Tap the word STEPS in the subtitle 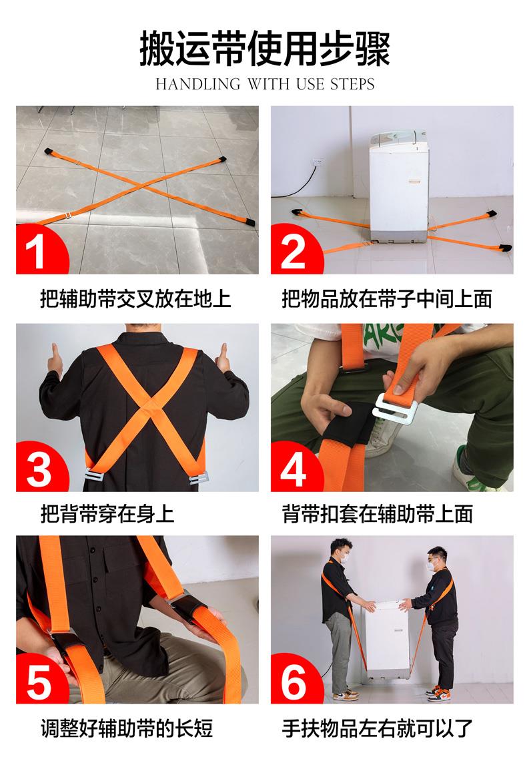coord(352,85)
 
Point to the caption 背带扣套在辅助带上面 coord(377,513)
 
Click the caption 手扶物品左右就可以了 coord(377,728)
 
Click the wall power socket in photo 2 coord(318,162)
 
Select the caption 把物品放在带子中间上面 coord(386,298)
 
